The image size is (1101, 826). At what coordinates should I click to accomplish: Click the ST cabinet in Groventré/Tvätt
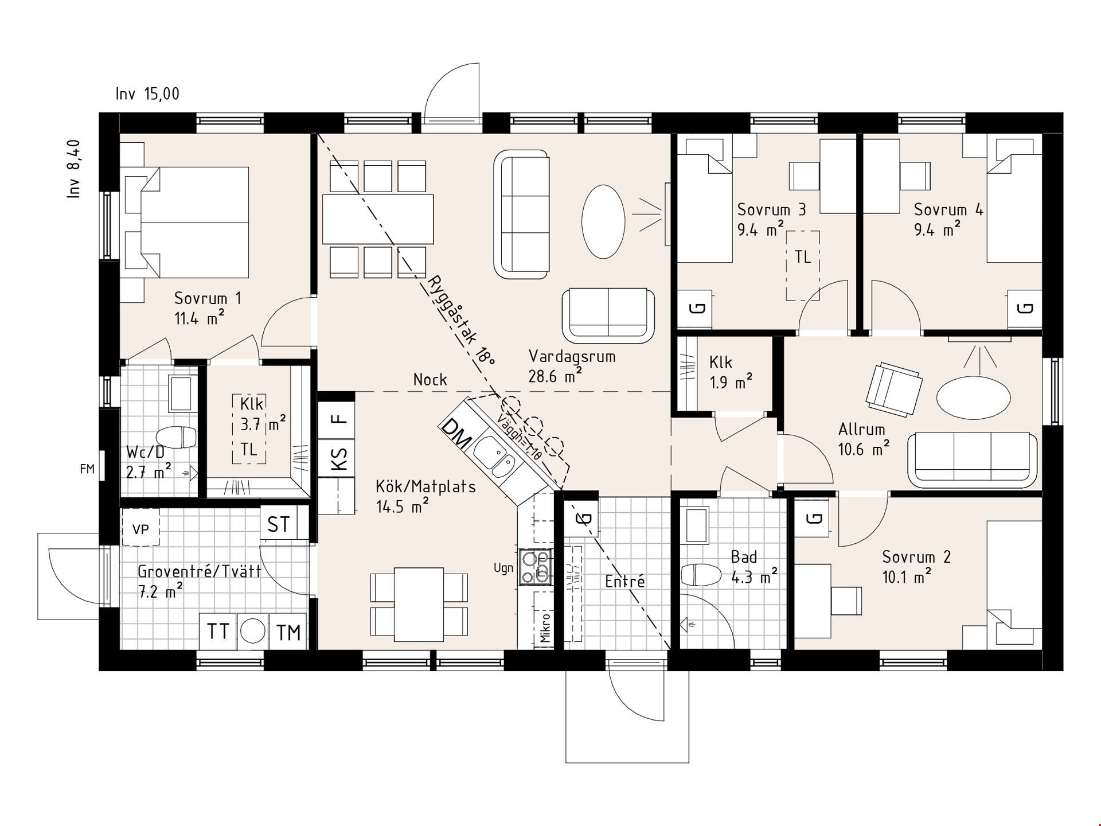point(279,523)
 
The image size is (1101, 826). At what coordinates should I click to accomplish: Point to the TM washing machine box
point(288,632)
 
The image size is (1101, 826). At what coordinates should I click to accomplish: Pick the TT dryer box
point(218,632)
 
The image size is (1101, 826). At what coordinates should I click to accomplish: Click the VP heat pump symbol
point(140,528)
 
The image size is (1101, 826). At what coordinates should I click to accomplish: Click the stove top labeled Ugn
point(536,567)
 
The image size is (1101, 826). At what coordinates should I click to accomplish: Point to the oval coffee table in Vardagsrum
point(603,221)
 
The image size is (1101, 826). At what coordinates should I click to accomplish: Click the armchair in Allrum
point(895,388)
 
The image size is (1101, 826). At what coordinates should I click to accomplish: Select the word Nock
point(430,380)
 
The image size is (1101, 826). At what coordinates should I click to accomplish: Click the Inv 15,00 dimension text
point(147,94)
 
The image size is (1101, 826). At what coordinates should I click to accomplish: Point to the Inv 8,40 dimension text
point(75,169)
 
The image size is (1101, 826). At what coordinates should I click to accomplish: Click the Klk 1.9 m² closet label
point(730,373)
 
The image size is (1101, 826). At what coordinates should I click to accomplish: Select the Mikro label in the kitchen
point(545,628)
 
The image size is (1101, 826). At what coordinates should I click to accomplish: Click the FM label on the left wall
point(87,469)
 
